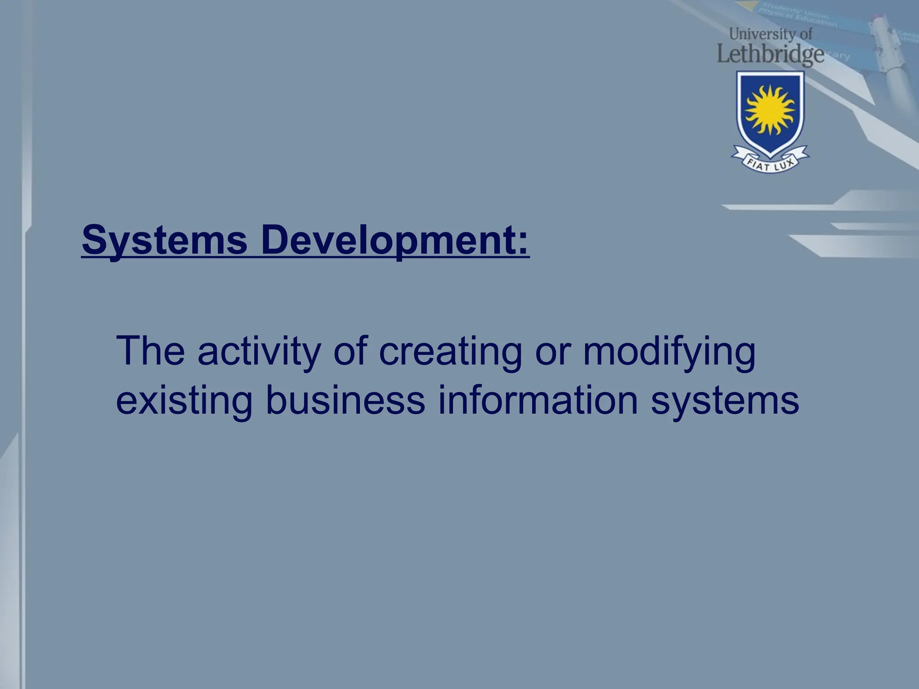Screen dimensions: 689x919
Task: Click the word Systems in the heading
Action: coord(164,241)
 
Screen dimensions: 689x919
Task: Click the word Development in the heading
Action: coord(386,241)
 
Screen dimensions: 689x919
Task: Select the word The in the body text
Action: coord(150,351)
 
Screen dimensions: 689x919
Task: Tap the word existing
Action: coord(184,401)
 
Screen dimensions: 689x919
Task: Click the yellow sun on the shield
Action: coord(770,110)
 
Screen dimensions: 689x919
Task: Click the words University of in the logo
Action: coord(770,34)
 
